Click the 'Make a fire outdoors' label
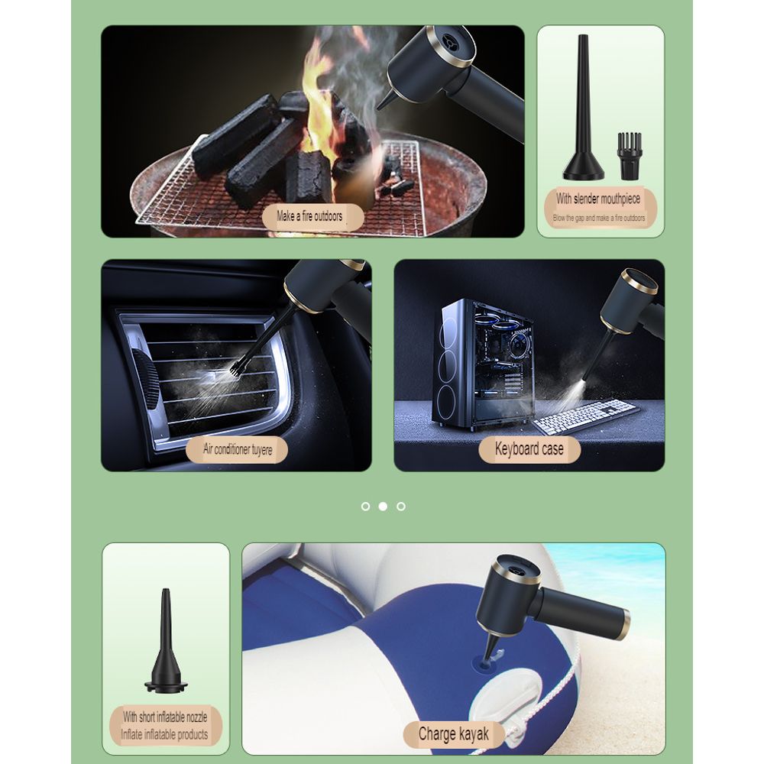(x=309, y=216)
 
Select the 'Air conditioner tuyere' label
(x=238, y=448)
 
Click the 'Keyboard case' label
(x=529, y=448)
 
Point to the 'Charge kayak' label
(x=453, y=735)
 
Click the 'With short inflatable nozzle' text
(x=165, y=717)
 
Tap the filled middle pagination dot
(x=383, y=506)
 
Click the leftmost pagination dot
(x=365, y=506)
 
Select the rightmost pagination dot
(x=401, y=506)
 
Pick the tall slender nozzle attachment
(x=583, y=115)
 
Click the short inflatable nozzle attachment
(x=165, y=646)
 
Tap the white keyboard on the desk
(x=585, y=416)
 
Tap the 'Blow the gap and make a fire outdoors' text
(x=599, y=218)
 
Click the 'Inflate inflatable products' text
(x=165, y=734)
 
